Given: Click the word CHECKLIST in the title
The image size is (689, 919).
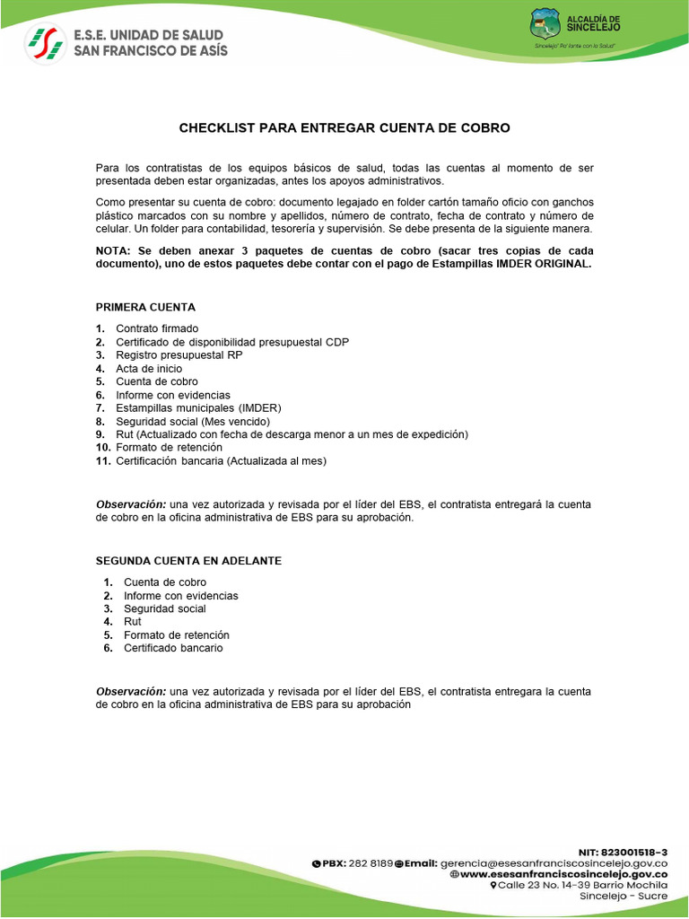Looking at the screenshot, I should pos(217,128).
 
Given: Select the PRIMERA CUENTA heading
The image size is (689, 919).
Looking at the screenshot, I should pos(145,307).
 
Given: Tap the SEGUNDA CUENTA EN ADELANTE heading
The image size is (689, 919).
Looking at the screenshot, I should pos(188,560).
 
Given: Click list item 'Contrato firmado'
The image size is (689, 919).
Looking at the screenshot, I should pos(157,328).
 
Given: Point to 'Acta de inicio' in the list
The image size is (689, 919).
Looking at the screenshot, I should pos(149,369).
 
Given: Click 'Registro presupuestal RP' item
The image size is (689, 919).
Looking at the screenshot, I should pos(179,355).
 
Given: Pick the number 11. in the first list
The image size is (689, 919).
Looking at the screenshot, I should pos(103,461).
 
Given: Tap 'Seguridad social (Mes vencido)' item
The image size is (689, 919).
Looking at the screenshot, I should pos(193,422).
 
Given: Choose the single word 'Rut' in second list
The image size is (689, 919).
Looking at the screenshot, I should pos(132,621).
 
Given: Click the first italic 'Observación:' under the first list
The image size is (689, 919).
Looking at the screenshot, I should pos(131,504).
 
